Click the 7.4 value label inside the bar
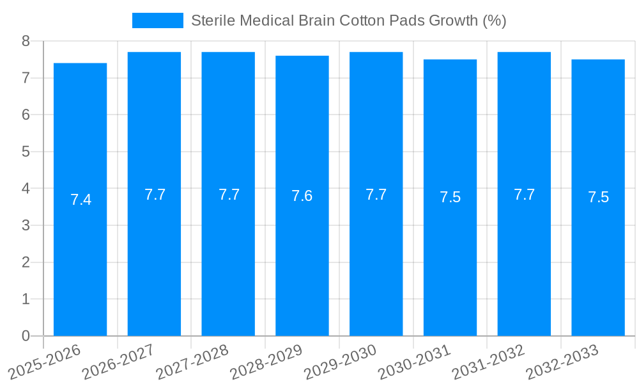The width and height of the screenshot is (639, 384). pyautogui.click(x=81, y=200)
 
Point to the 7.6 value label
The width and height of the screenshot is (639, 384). pyautogui.click(x=302, y=196)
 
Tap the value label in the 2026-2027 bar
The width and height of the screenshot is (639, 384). pyautogui.click(x=155, y=195)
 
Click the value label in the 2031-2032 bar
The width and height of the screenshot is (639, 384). pyautogui.click(x=524, y=195)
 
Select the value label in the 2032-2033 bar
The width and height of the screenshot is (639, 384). pyautogui.click(x=598, y=197)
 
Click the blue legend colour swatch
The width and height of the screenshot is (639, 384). pyautogui.click(x=157, y=20)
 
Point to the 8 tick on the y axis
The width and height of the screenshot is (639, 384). pyautogui.click(x=26, y=41)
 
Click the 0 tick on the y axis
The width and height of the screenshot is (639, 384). pyautogui.click(x=26, y=336)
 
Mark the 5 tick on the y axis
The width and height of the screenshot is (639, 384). pyautogui.click(x=26, y=152)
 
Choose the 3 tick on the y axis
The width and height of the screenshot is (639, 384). pyautogui.click(x=26, y=225)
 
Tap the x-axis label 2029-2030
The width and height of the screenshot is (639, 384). pyautogui.click(x=341, y=362)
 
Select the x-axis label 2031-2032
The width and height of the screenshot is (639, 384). pyautogui.click(x=488, y=362)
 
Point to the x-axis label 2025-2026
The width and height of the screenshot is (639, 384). pyautogui.click(x=45, y=362)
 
